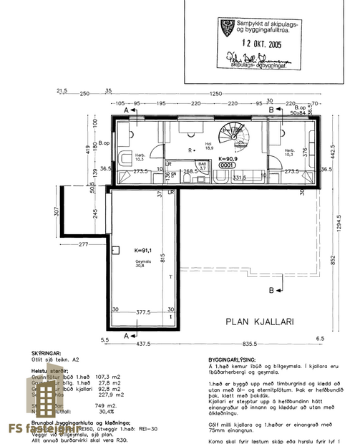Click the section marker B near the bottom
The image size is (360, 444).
pos(270,291)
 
